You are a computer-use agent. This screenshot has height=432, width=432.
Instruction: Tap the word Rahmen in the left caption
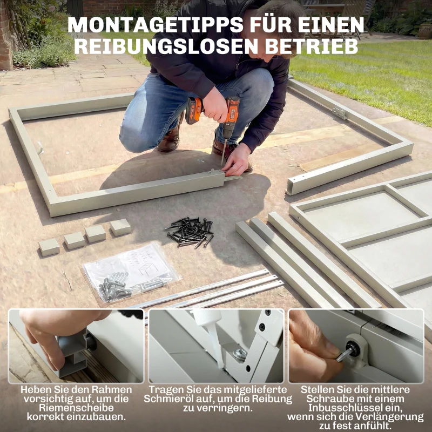pos(113,390)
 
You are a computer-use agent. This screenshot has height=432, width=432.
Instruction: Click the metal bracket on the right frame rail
pos(339,113)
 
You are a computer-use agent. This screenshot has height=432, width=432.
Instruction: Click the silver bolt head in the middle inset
pos(241,354)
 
